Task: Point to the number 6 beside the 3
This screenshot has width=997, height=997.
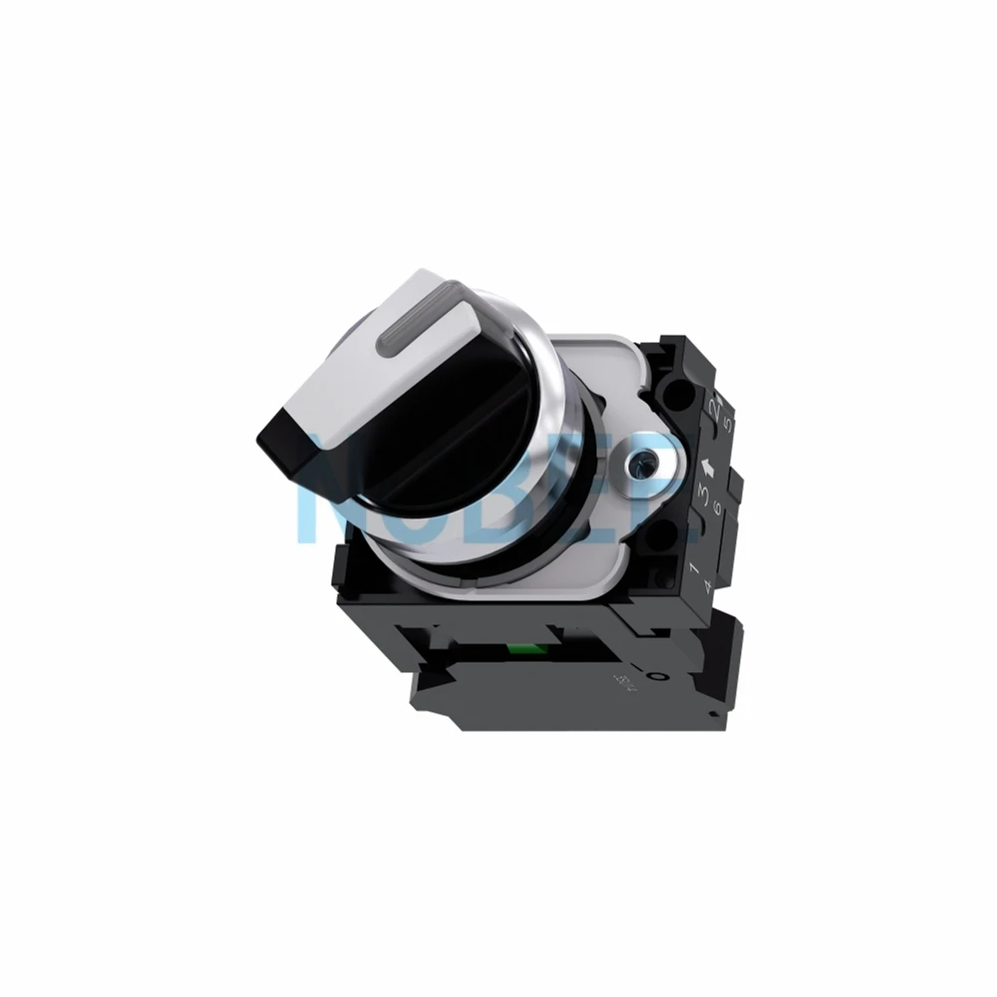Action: [717, 508]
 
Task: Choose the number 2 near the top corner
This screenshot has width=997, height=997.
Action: [712, 409]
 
